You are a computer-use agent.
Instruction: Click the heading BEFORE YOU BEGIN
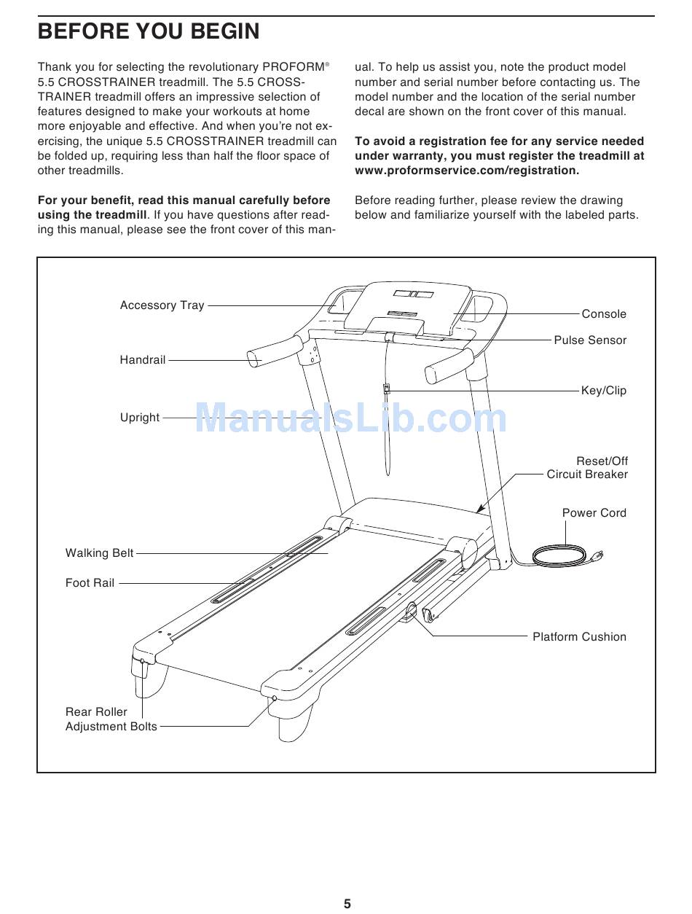149,31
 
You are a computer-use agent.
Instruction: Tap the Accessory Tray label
162,305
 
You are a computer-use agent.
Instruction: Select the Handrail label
143,360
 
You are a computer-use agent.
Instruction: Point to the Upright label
140,418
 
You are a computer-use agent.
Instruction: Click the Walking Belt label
100,553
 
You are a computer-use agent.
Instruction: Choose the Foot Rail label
90,583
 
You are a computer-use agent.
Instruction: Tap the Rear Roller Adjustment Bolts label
111,719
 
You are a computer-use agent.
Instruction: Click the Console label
604,314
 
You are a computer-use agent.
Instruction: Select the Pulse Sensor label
590,340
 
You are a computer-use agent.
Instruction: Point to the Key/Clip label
604,391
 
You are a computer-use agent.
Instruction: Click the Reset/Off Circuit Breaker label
588,468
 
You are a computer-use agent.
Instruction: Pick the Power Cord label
594,513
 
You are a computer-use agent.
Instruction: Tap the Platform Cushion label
579,637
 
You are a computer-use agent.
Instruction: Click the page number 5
347,904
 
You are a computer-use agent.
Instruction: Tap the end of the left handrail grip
254,359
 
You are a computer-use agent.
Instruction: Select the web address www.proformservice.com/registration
467,171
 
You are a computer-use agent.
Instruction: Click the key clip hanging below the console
387,389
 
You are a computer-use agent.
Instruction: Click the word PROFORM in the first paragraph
298,67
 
